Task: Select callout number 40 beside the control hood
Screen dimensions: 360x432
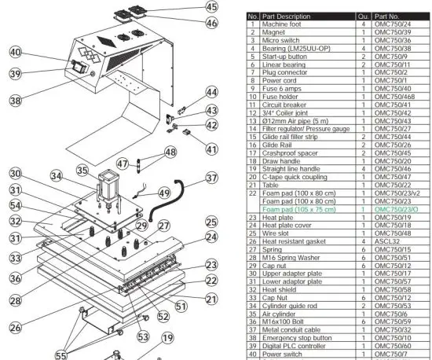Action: (16, 53)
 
